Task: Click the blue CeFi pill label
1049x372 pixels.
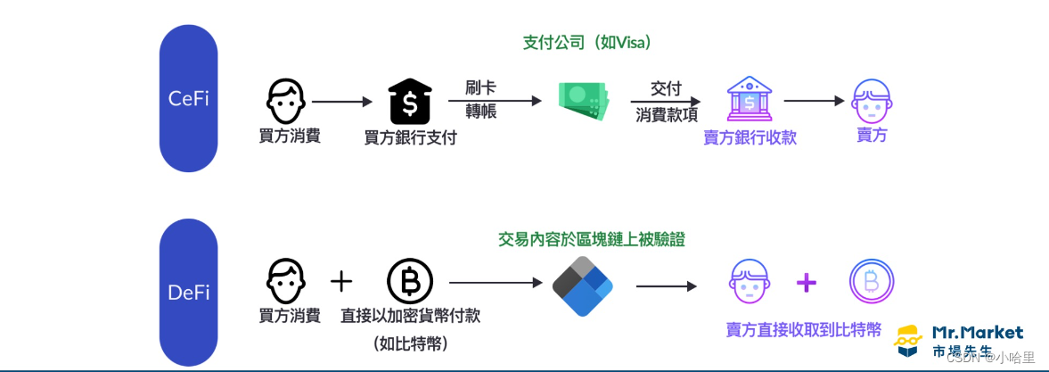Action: pos(188,99)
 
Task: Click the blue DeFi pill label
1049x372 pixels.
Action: pos(188,292)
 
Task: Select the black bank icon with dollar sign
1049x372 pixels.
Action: pos(410,103)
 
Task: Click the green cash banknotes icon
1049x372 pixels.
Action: pos(583,101)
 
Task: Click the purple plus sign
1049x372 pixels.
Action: pos(806,284)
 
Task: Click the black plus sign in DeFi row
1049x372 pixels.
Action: pos(341,283)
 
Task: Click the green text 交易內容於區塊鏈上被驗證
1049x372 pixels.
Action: pos(592,239)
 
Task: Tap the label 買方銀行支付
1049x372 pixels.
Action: pos(411,138)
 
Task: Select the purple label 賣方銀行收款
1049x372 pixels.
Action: pos(750,137)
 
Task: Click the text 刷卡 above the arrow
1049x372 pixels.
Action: pos(481,87)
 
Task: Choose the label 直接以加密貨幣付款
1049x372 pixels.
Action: pos(411,316)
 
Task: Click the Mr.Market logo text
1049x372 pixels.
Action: pos(978,332)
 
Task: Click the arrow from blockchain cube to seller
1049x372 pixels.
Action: pos(667,286)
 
